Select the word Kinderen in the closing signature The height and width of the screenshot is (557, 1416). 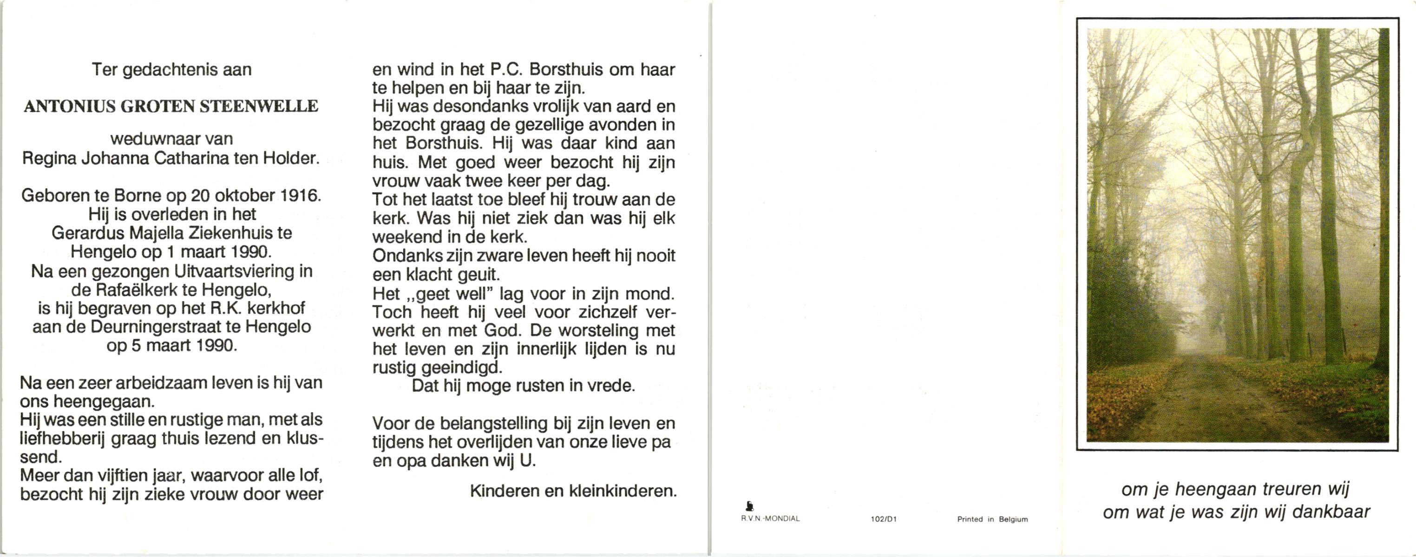coord(504,491)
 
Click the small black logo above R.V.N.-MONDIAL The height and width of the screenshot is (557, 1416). coord(749,506)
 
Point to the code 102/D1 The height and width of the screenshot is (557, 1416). coord(883,519)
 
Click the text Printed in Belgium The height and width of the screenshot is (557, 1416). coord(992,519)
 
